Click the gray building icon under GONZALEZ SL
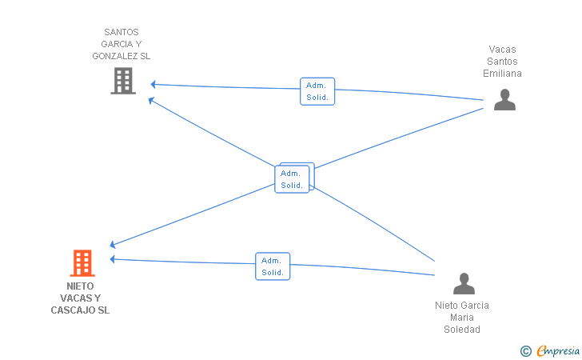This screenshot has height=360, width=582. click(x=123, y=81)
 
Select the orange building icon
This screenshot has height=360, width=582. click(x=82, y=263)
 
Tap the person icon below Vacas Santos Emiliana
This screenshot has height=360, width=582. click(x=504, y=99)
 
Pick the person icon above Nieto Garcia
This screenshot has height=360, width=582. click(x=464, y=283)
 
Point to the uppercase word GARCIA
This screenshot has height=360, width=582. click(x=117, y=44)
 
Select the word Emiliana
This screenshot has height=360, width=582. click(x=502, y=74)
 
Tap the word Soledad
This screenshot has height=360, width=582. click(x=462, y=330)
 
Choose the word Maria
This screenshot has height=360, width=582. click(x=462, y=318)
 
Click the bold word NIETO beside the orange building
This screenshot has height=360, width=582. click(x=80, y=286)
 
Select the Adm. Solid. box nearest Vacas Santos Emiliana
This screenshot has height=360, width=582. click(x=317, y=91)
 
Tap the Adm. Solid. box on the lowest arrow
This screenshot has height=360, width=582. click(x=273, y=266)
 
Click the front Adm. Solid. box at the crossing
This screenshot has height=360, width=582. click(x=292, y=179)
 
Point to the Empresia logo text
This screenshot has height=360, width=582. click(x=558, y=350)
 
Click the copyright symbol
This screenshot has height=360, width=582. click(x=526, y=351)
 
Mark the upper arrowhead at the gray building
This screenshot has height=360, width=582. click(x=153, y=85)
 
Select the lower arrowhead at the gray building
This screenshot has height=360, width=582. click(x=151, y=100)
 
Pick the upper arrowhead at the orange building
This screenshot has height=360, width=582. click(x=113, y=244)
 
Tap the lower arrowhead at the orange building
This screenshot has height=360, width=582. click(x=113, y=259)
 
